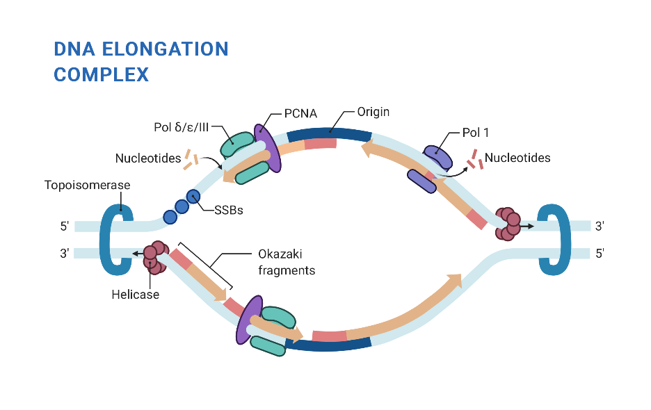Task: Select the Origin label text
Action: [373, 111]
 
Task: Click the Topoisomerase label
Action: [87, 186]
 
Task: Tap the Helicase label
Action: [135, 295]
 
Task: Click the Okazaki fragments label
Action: [287, 262]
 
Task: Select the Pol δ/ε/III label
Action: [182, 128]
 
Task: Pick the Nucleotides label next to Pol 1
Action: [517, 158]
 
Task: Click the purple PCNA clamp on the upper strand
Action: [268, 147]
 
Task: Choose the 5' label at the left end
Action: [65, 227]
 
